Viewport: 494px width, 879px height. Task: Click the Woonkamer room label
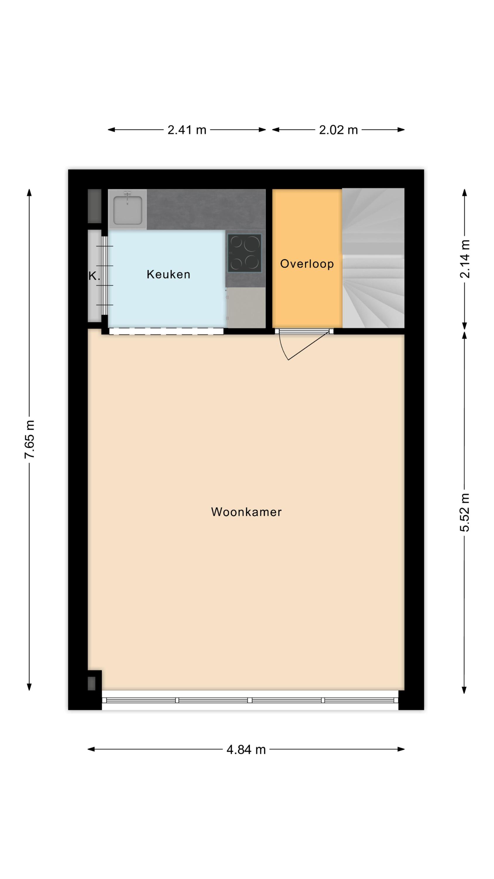point(246,512)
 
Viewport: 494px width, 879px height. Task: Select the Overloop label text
point(307,264)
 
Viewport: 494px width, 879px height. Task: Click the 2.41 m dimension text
point(187,130)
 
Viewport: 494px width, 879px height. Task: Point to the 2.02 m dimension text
point(338,130)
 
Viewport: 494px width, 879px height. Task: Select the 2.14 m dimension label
point(465,259)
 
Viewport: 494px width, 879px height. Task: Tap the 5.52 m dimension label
point(465,512)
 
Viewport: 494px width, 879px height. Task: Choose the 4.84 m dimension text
point(246,750)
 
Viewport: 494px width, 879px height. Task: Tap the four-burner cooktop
point(244,253)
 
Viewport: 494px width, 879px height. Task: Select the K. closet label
point(94,276)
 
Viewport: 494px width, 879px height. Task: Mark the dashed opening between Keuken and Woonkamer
point(166,331)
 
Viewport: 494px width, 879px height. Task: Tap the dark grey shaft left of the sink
point(95,206)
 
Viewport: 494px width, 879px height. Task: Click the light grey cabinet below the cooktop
point(246,307)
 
